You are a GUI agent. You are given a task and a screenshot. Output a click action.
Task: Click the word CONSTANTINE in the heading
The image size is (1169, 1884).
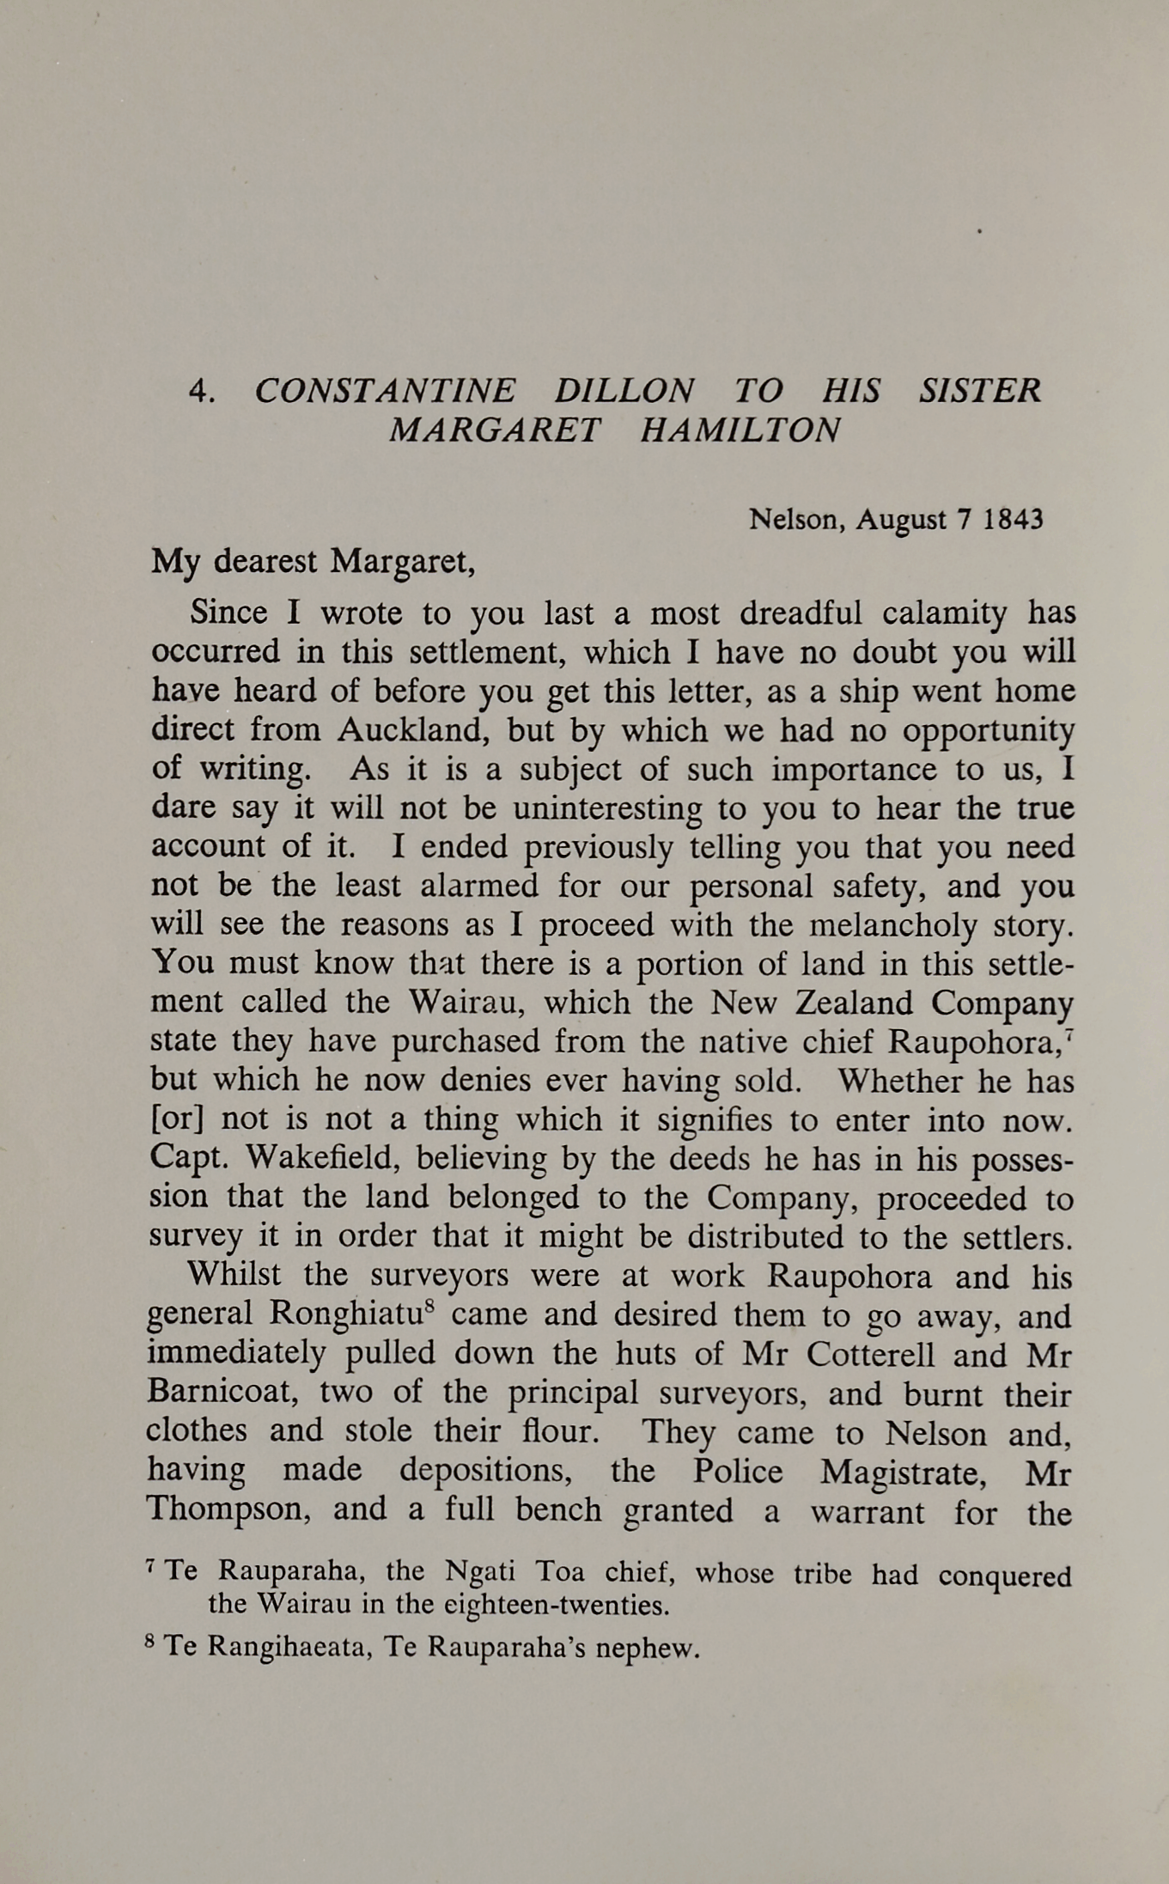[x=385, y=391]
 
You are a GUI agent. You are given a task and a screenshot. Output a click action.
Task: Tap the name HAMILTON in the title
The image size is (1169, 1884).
[x=740, y=430]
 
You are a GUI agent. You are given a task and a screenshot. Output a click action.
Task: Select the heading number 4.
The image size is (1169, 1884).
[x=201, y=392]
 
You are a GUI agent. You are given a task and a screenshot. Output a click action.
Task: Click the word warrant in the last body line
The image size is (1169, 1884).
[x=868, y=1510]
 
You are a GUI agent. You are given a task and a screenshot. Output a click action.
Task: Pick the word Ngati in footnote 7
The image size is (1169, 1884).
[x=480, y=1571]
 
